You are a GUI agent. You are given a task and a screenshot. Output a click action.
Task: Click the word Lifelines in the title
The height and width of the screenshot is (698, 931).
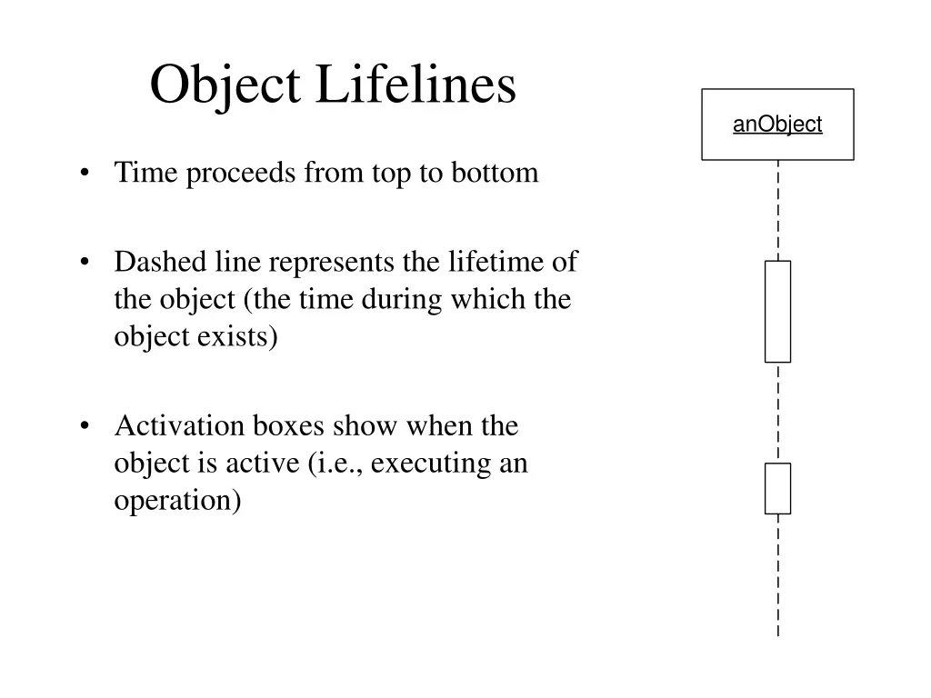415,86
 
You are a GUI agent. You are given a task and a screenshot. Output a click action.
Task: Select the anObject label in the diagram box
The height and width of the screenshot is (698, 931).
777,125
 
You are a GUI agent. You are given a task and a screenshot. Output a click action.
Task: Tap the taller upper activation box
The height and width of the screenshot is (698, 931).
777,312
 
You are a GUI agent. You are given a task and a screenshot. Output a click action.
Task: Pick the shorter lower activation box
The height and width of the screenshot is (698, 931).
777,488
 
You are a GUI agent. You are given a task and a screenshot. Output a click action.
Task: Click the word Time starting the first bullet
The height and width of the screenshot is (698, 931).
146,173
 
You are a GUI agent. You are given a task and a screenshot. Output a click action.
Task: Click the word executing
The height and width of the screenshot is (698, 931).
430,463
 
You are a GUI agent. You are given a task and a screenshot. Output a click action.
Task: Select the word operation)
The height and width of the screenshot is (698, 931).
178,500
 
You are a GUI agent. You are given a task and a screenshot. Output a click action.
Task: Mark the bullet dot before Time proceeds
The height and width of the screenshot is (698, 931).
85,174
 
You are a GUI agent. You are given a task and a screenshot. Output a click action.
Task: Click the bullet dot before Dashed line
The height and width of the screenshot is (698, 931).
85,264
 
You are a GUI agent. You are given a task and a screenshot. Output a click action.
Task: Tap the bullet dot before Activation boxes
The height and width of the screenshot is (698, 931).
85,426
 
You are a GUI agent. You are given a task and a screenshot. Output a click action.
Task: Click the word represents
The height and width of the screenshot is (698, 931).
331,263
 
